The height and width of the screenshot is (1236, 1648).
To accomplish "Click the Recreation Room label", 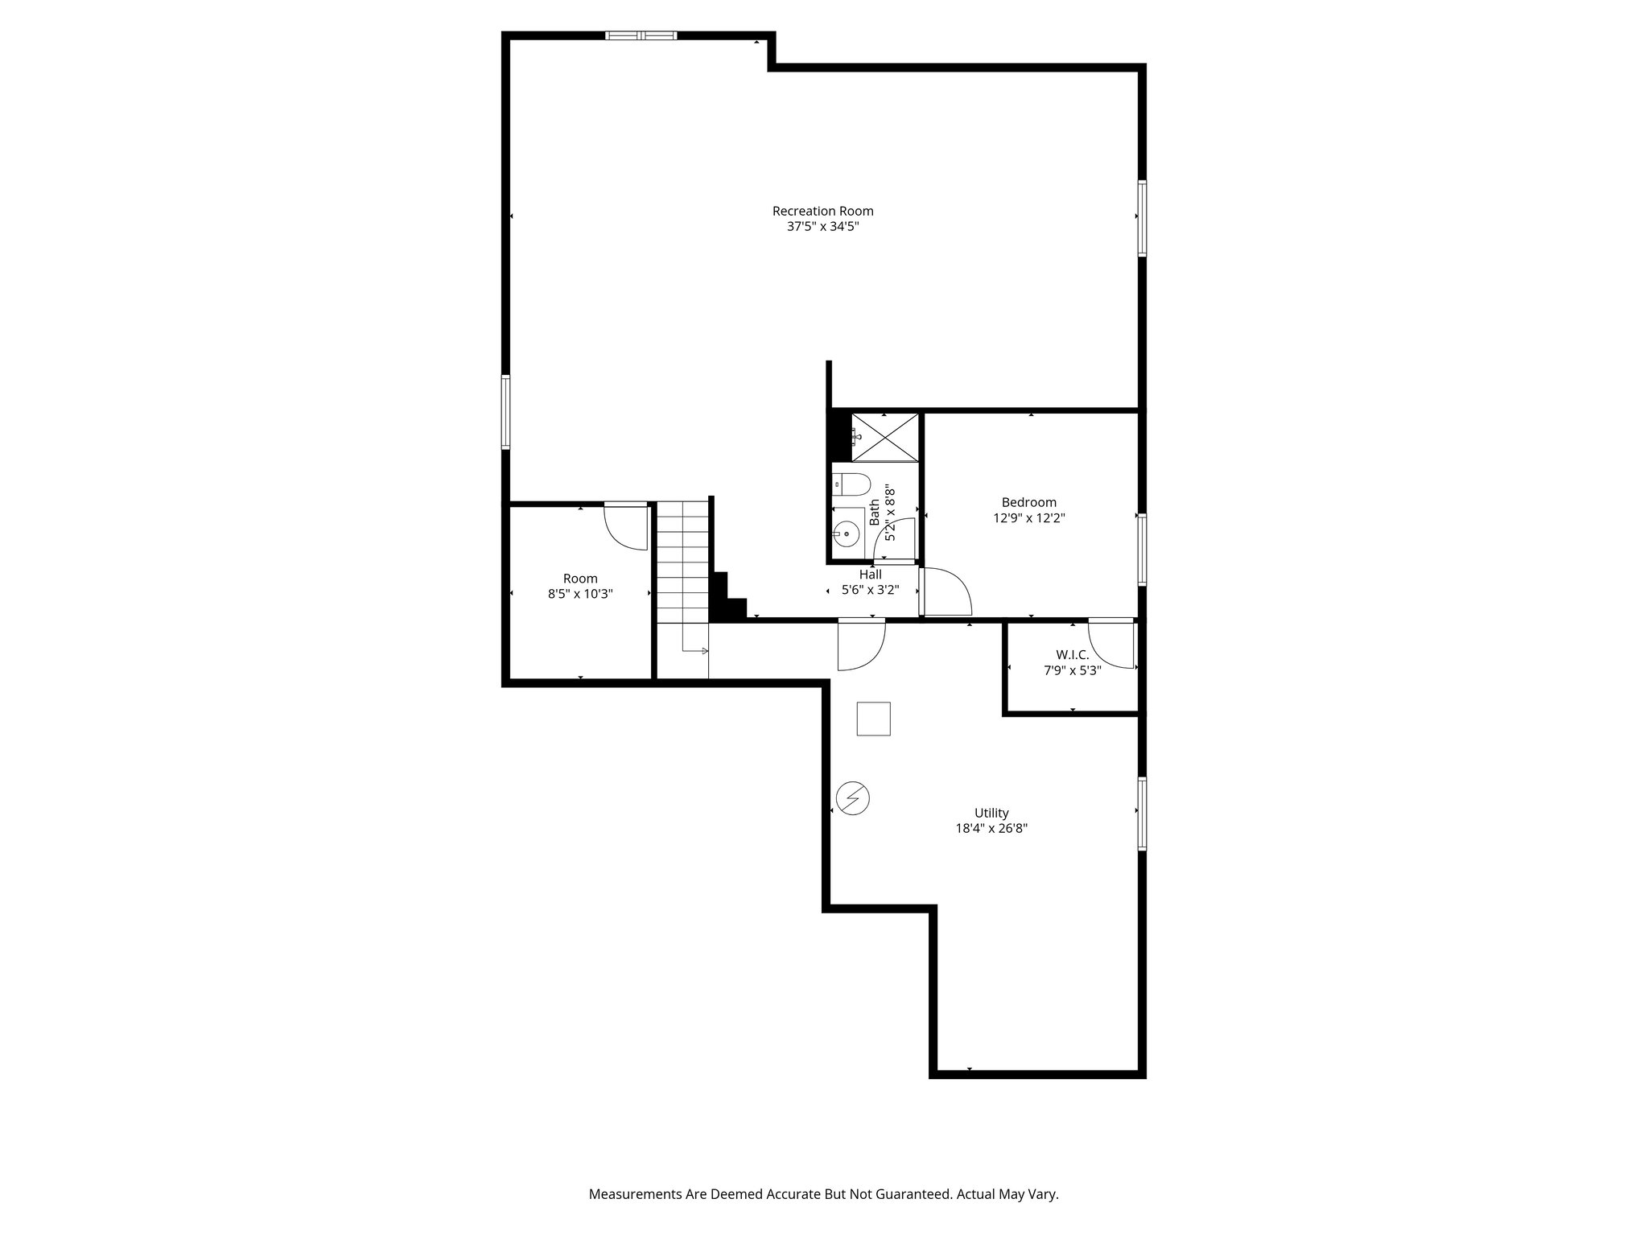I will click(822, 211).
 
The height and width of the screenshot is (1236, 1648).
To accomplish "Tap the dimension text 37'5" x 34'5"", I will click(822, 227).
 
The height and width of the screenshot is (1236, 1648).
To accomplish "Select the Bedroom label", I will click(1028, 502).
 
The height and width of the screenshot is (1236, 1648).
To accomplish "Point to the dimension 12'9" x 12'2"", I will click(1028, 518).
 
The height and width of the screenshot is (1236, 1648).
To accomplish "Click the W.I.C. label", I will click(1072, 654).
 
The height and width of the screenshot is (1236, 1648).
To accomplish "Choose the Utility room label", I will click(991, 813).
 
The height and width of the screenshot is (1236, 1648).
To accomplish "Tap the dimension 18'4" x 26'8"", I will click(991, 828).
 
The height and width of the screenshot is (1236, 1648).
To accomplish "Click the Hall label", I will click(870, 574).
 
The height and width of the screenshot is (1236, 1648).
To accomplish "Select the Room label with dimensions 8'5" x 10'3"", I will click(579, 579).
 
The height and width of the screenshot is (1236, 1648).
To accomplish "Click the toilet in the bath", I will click(851, 484).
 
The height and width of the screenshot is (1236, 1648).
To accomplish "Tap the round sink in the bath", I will click(846, 534).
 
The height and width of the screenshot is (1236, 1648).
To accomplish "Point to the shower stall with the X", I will click(884, 438).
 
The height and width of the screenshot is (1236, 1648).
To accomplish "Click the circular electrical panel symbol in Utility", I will click(852, 797).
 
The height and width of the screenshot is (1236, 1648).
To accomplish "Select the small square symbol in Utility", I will click(873, 719).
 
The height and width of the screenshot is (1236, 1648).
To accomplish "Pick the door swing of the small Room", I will click(626, 528).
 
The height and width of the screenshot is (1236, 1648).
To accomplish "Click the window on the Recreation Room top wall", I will click(641, 35).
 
